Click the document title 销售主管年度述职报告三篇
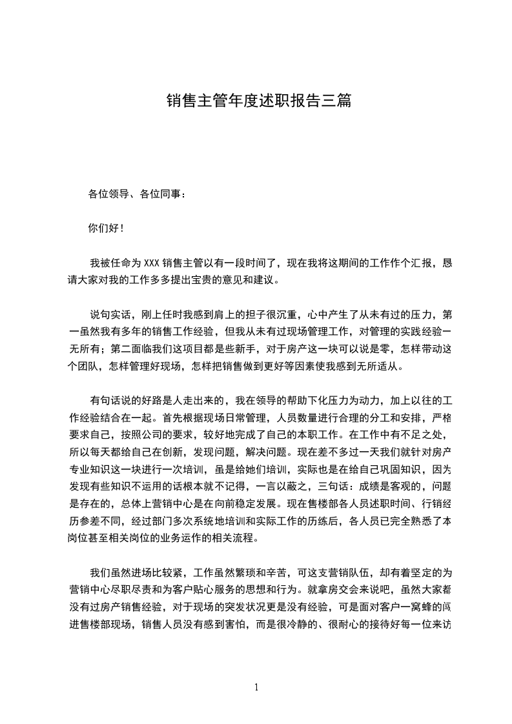(258, 101)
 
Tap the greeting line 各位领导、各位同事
(136, 193)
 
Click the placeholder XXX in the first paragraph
(151, 263)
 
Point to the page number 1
(256, 687)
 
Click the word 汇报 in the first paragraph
(425, 263)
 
